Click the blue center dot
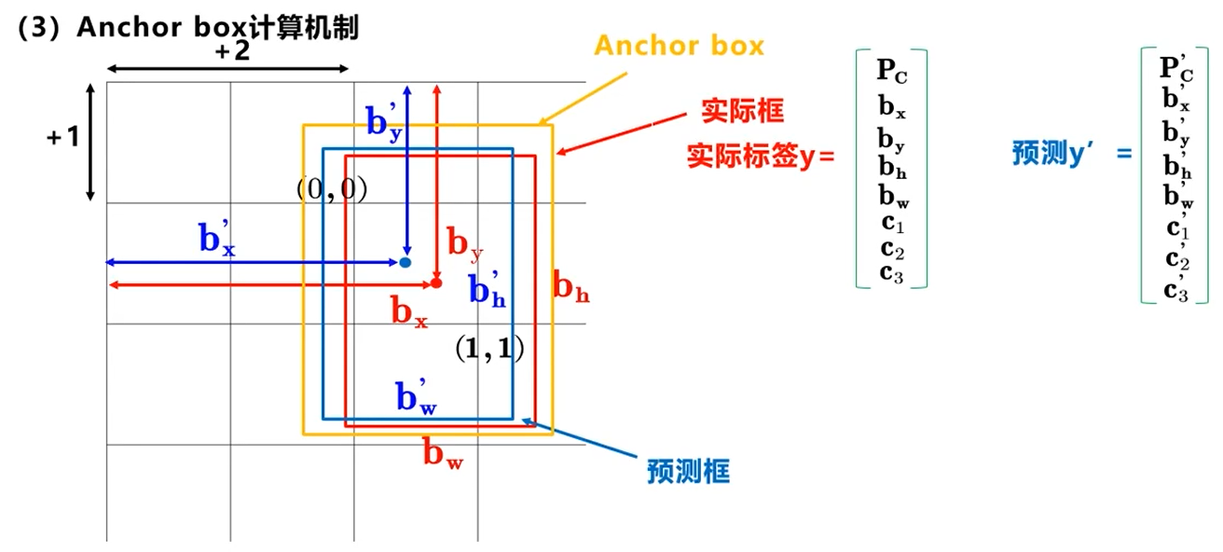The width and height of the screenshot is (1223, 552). click(x=405, y=262)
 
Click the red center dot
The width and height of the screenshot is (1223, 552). click(x=436, y=282)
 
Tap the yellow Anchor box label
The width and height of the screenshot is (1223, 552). click(x=680, y=46)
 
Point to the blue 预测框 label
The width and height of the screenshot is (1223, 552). click(x=688, y=471)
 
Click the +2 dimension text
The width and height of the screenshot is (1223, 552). click(x=232, y=52)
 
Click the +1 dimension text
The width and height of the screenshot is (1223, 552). click(x=63, y=137)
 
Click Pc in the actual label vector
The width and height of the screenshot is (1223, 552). click(x=891, y=69)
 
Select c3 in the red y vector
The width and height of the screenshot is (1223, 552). click(x=891, y=273)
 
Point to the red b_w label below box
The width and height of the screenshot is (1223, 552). click(x=443, y=454)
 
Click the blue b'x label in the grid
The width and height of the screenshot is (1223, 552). click(x=216, y=240)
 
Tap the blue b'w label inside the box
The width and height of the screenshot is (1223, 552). click(x=416, y=397)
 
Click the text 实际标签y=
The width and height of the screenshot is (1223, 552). click(x=761, y=155)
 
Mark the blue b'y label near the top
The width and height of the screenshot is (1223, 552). click(x=384, y=120)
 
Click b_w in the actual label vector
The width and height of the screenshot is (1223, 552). click(x=891, y=197)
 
